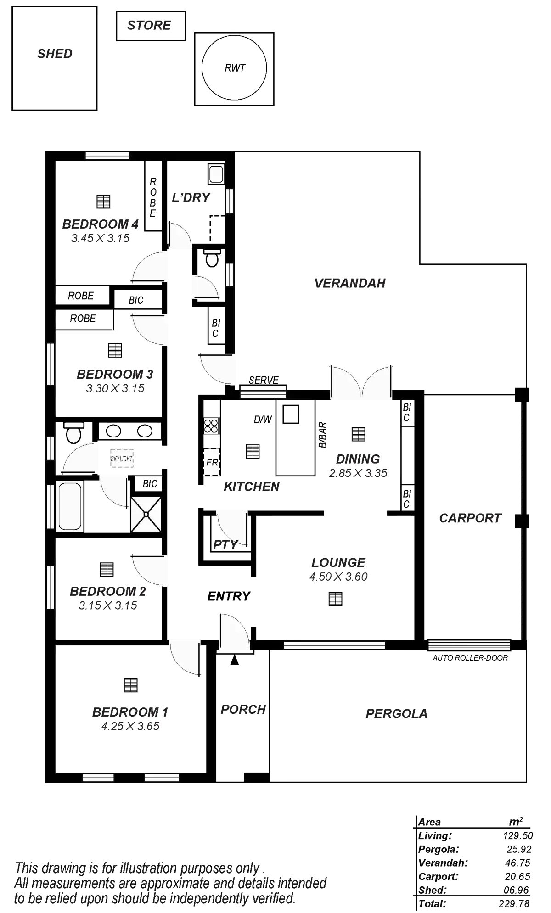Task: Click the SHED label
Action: (x=55, y=54)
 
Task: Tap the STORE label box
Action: (x=150, y=25)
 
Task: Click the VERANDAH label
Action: (x=350, y=283)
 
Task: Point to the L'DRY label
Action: (x=191, y=197)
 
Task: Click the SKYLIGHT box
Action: (x=122, y=458)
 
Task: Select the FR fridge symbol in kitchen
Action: (x=212, y=462)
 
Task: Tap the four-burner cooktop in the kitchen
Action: (x=211, y=426)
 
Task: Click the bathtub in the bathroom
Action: (x=70, y=506)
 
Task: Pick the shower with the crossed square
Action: (x=146, y=514)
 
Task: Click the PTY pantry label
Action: (x=225, y=545)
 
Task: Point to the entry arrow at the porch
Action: (x=235, y=661)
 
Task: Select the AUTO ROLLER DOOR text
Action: (x=470, y=658)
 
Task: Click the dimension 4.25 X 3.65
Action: (x=130, y=726)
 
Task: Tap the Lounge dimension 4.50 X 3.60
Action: (x=339, y=577)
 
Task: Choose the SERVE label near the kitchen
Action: (x=264, y=380)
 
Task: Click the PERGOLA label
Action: (x=397, y=714)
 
